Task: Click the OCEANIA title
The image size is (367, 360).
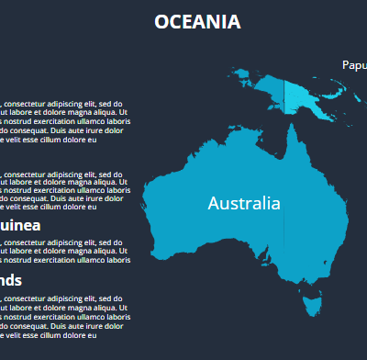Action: tap(197, 22)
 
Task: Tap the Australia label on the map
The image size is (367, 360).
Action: tap(244, 203)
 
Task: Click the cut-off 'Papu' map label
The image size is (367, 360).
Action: tap(354, 65)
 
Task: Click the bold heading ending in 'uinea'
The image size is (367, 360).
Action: tap(19, 224)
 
